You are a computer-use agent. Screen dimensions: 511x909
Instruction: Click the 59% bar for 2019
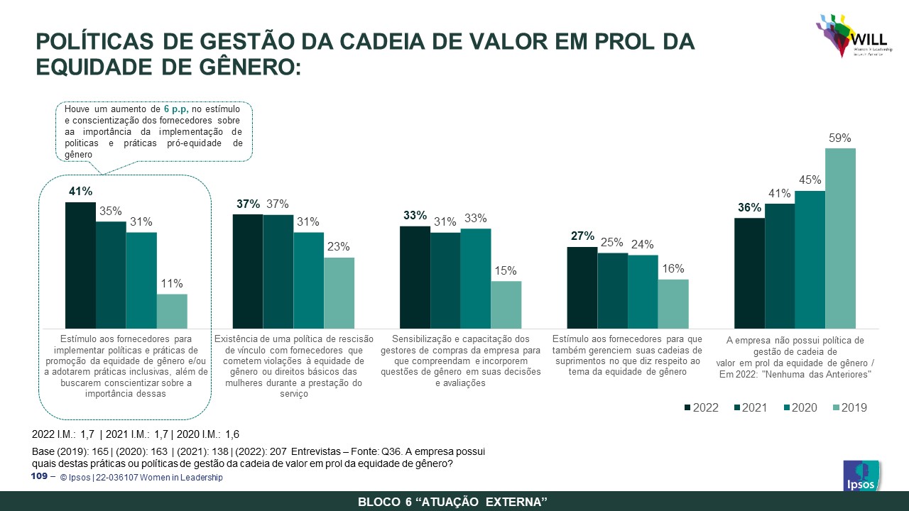(x=840, y=238)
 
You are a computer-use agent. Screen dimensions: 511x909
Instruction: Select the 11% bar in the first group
(x=172, y=311)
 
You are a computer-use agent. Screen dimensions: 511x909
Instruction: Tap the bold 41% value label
(x=80, y=191)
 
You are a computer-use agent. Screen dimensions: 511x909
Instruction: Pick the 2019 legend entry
(x=849, y=407)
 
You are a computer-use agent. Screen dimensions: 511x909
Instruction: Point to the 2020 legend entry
(x=800, y=407)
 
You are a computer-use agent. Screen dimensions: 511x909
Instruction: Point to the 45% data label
(x=810, y=180)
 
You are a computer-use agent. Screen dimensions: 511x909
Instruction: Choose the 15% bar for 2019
(x=506, y=304)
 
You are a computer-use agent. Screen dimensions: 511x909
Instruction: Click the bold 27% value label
(x=582, y=236)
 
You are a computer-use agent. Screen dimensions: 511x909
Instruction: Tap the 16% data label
(x=673, y=268)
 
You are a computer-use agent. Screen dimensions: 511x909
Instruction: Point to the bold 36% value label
(x=749, y=207)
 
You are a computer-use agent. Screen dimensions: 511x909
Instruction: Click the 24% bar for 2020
(x=643, y=292)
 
